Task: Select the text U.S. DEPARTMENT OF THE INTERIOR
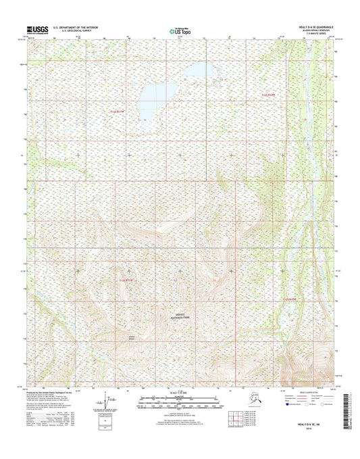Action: (x=75, y=28)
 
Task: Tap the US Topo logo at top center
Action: (x=180, y=30)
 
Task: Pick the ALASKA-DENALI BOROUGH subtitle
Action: (x=315, y=31)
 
